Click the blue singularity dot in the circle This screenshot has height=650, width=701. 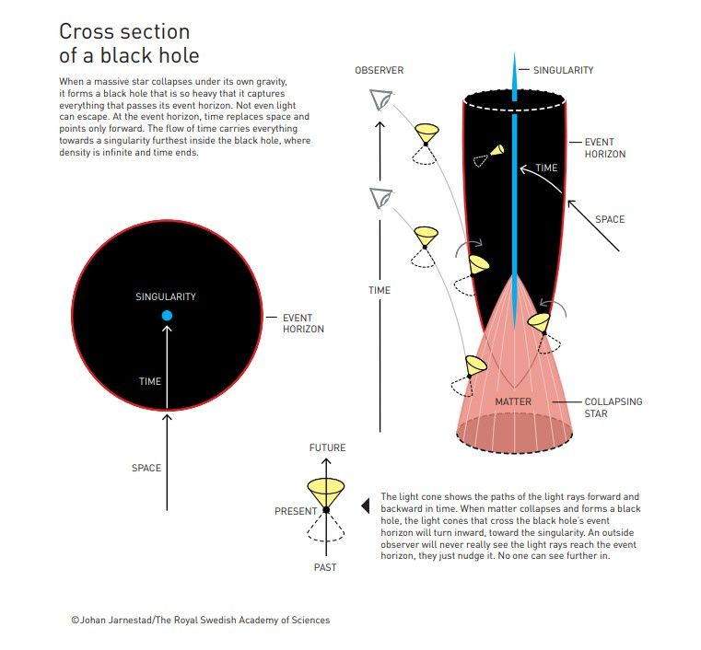click(167, 316)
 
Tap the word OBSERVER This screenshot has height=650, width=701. click(380, 70)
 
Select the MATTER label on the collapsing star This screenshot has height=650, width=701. click(513, 401)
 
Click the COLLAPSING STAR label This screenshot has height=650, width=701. click(613, 408)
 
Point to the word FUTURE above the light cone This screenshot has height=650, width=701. click(327, 447)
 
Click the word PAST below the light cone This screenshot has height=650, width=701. click(325, 567)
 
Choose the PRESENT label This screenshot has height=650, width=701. click(296, 511)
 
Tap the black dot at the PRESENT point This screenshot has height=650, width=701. click(326, 510)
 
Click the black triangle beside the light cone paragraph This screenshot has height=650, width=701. click(366, 505)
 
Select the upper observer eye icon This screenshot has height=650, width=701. click(381, 100)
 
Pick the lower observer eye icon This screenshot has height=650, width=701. click(381, 198)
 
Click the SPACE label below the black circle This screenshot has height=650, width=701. click(146, 468)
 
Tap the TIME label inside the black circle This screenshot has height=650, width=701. click(150, 381)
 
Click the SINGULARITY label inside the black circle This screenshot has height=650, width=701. click(166, 296)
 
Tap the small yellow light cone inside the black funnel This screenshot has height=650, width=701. click(497, 150)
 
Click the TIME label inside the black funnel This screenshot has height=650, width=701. click(546, 168)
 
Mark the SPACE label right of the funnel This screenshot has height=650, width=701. click(610, 219)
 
